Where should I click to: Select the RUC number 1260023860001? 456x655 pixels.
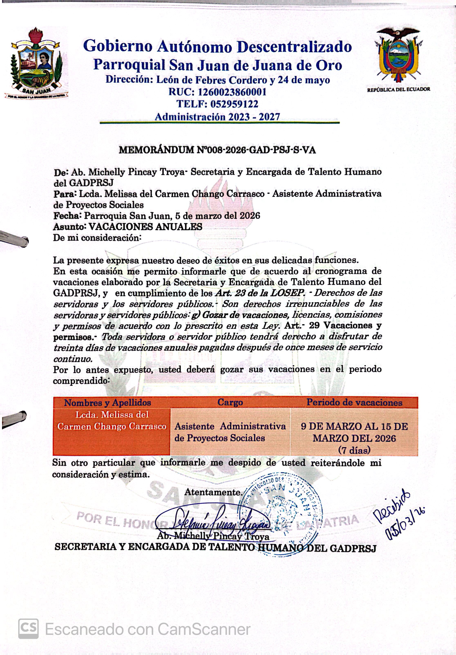(x=232, y=92)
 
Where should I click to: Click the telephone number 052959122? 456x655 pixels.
(x=234, y=104)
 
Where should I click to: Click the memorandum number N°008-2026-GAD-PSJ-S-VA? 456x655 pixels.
(x=256, y=150)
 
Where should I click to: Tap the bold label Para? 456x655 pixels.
(x=65, y=194)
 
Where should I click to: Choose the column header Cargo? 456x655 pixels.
(x=230, y=402)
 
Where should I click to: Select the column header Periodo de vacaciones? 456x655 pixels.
(x=354, y=402)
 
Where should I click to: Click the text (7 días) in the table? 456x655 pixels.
(x=354, y=450)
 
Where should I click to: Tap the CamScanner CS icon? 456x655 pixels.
(x=28, y=628)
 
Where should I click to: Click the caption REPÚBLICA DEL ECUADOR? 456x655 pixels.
(x=399, y=89)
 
